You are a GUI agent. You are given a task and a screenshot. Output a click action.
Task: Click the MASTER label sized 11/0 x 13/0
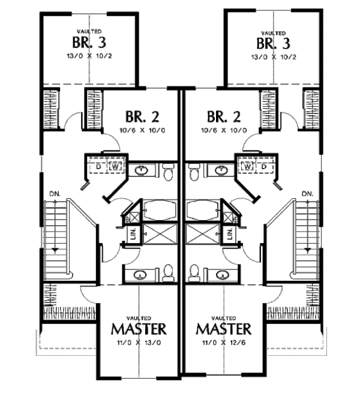pyautogui.click(x=139, y=329)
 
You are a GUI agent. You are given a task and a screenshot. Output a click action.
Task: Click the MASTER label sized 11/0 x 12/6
pyautogui.click(x=223, y=329)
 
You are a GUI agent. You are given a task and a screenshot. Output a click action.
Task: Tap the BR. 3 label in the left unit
pyautogui.click(x=88, y=43)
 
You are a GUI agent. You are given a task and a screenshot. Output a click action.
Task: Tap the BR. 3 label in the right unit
pyautogui.click(x=273, y=43)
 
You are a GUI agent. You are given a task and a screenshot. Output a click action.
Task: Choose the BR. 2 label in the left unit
pyautogui.click(x=142, y=116)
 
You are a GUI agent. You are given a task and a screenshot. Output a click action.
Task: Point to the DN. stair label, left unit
pyautogui.click(x=55, y=193)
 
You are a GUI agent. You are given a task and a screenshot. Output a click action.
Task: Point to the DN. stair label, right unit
pyautogui.click(x=307, y=193)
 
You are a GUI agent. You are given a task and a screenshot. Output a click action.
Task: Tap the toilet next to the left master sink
pyautogui.click(x=168, y=274)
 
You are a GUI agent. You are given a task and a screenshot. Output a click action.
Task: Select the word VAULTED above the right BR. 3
pyautogui.click(x=273, y=32)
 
